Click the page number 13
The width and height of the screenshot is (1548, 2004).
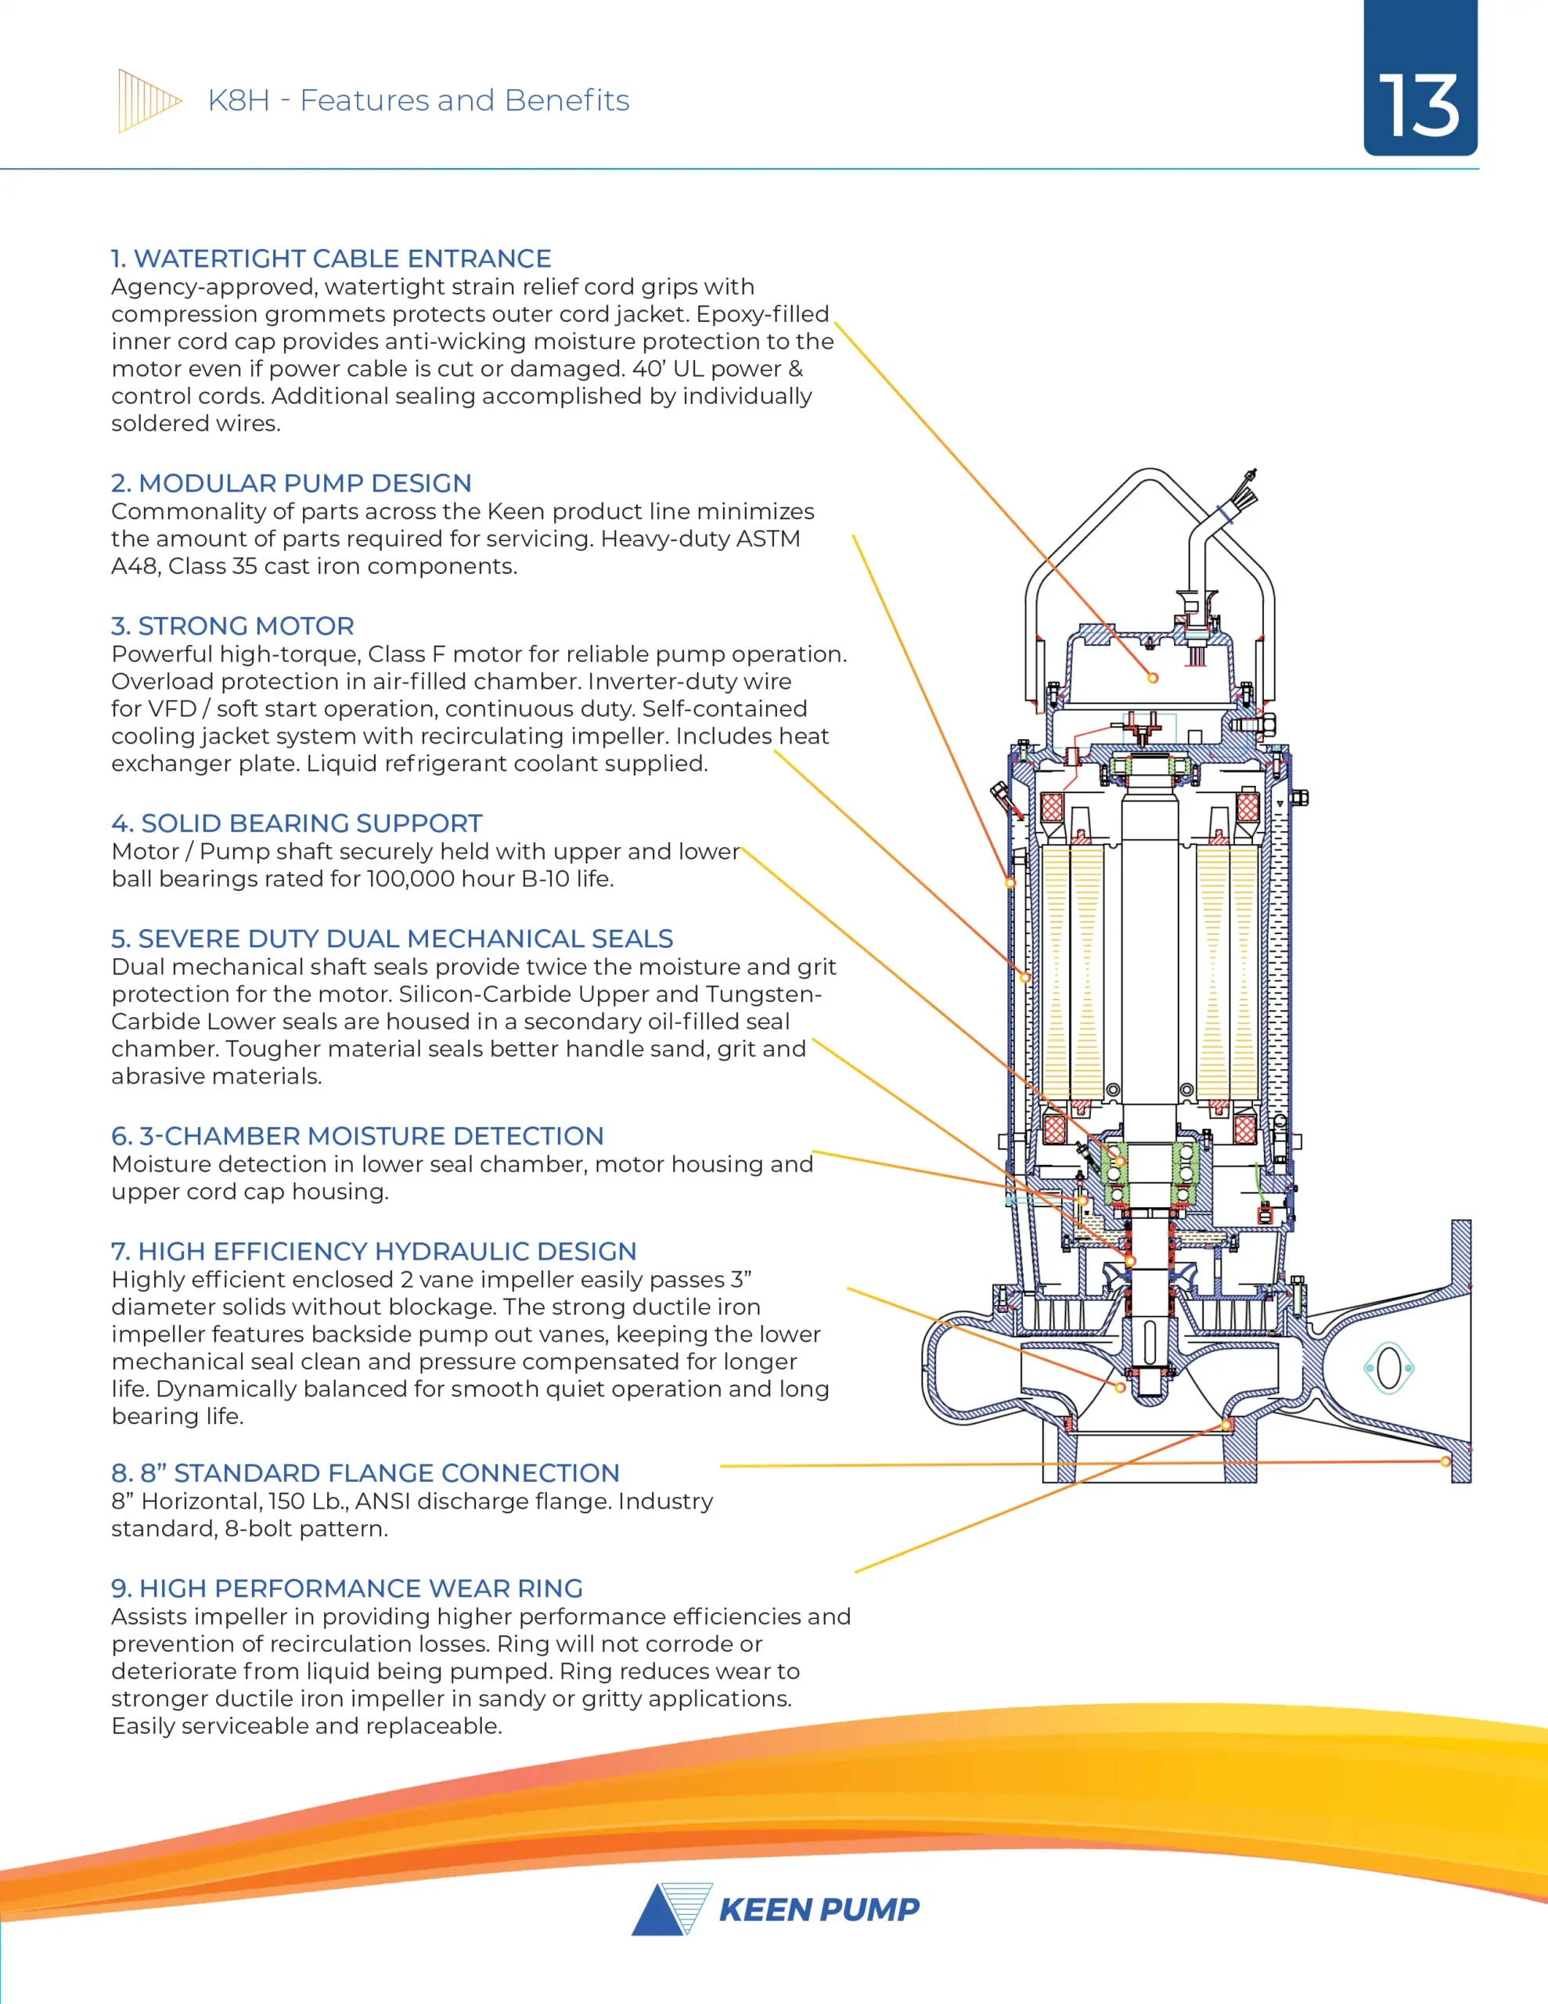(1419, 106)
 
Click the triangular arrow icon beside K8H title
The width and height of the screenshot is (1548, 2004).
(149, 101)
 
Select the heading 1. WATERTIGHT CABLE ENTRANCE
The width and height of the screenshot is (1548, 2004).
(331, 259)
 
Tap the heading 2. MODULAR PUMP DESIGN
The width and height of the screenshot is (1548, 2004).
(292, 484)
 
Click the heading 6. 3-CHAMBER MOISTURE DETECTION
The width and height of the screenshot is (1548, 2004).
(358, 1136)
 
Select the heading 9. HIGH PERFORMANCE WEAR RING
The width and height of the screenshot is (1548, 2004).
(347, 1588)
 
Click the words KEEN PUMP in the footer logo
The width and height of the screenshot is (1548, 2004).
(819, 1910)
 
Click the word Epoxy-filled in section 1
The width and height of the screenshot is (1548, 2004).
(762, 314)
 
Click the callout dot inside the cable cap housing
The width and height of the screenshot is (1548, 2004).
(1153, 678)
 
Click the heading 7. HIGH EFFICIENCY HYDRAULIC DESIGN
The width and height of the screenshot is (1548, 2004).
(373, 1252)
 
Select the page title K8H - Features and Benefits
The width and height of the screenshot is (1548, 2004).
(419, 100)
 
